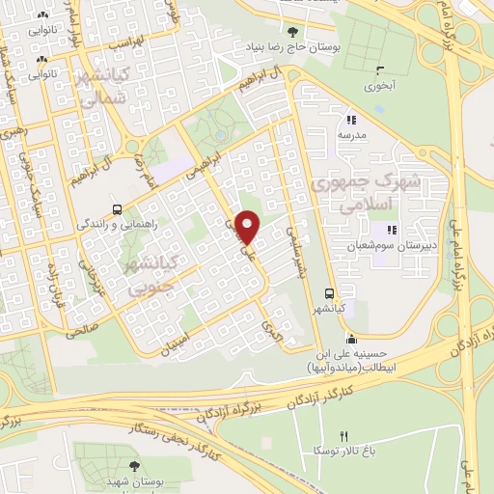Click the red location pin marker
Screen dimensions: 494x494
point(248,227)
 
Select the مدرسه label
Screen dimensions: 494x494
point(352,136)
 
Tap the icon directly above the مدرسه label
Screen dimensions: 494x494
point(351,121)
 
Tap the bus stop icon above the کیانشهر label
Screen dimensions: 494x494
point(330,293)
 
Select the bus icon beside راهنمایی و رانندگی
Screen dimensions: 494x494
point(118,209)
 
